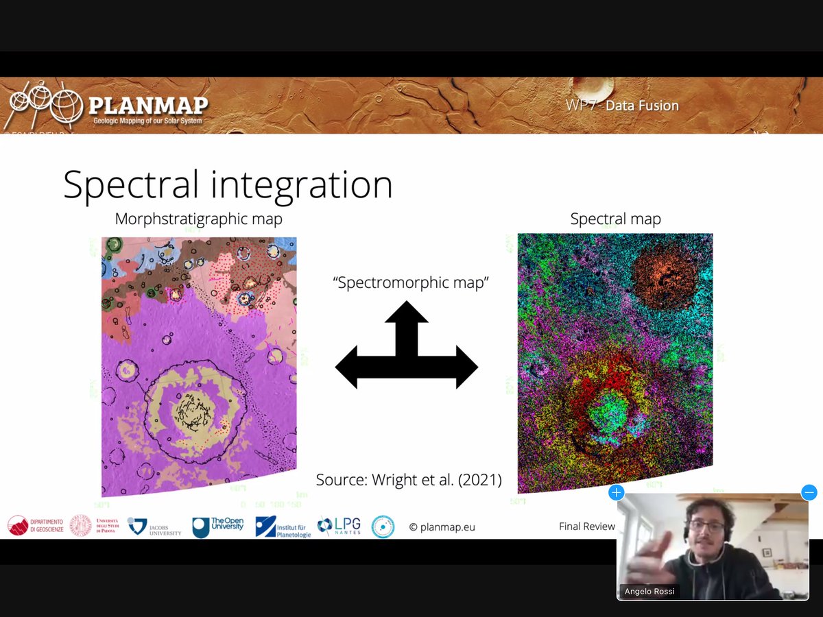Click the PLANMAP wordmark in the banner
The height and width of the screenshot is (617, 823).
coord(147,106)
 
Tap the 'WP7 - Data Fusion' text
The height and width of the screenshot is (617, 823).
coord(622,106)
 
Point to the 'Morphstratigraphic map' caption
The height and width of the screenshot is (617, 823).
coord(199,219)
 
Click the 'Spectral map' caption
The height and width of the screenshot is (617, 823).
coord(615,219)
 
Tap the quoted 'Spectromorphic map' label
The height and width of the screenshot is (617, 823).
coord(411,282)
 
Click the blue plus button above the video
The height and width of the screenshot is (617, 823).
coord(616,492)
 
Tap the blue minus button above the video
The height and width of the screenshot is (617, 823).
coord(809,492)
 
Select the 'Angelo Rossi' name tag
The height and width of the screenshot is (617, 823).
coord(649,591)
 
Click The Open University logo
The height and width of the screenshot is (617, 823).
coord(217,527)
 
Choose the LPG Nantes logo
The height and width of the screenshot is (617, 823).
coord(339,527)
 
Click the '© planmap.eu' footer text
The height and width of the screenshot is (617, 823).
coord(442,527)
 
